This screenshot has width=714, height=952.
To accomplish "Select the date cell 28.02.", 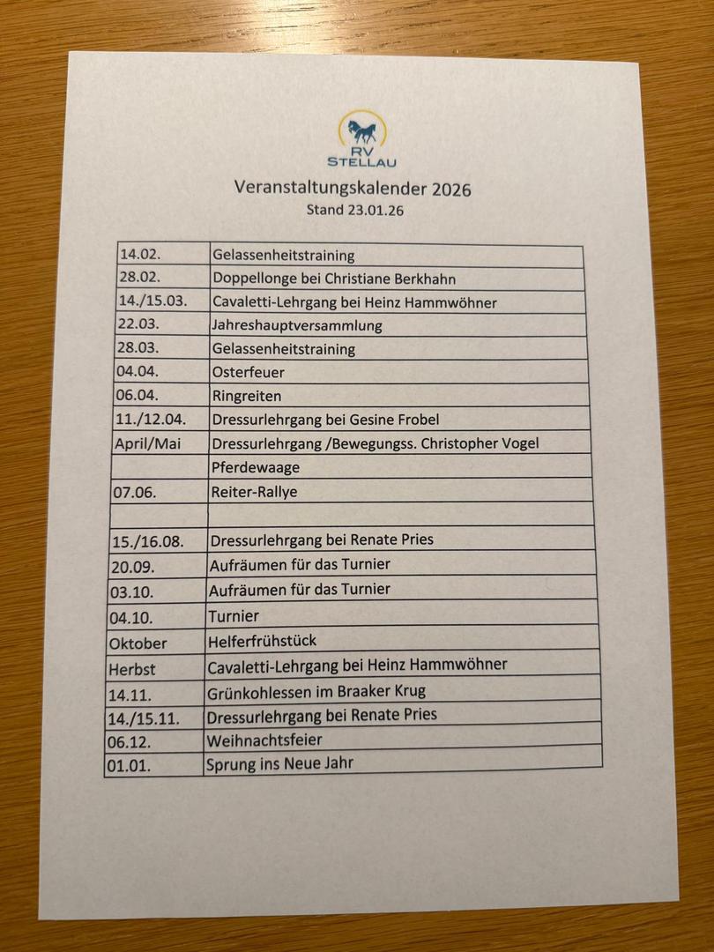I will [139, 279].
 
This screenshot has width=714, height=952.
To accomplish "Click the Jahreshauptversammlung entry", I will [297, 325].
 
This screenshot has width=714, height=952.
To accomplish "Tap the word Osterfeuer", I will [248, 373].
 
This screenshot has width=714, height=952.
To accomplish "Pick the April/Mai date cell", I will [148, 443].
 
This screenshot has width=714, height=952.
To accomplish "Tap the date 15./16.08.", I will [148, 540].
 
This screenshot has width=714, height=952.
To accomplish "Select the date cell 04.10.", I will [131, 617].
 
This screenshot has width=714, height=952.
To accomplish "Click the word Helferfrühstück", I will [262, 641].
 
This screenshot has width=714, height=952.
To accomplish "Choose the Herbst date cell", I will [132, 668].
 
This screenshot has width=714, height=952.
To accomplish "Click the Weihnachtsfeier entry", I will [264, 740].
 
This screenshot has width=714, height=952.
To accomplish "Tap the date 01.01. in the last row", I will [129, 766].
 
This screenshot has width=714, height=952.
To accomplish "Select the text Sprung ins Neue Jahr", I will [279, 763].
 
